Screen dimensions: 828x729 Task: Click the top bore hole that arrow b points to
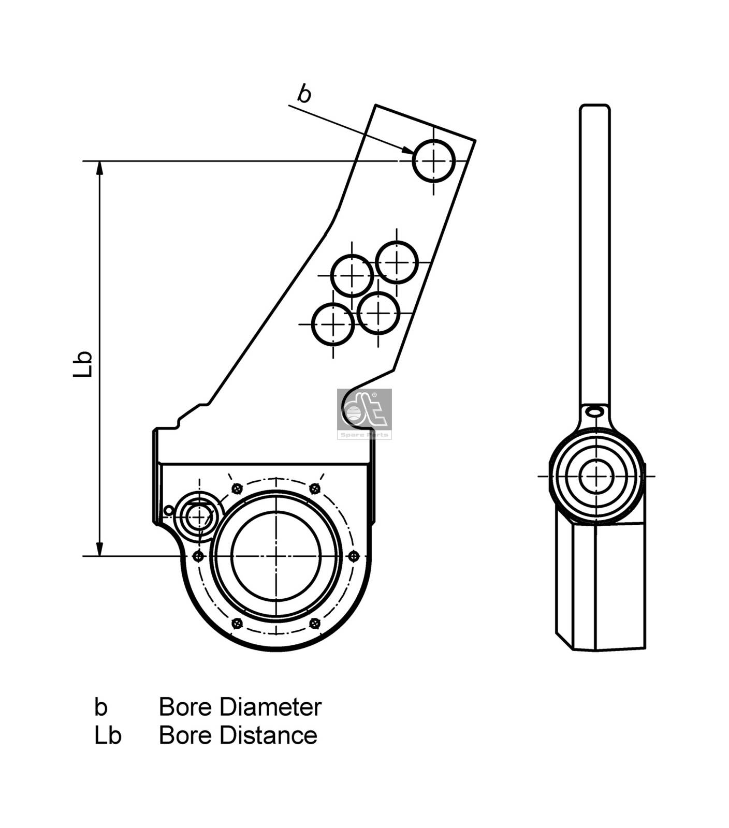click(x=434, y=161)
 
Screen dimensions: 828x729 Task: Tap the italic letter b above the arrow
click(x=304, y=94)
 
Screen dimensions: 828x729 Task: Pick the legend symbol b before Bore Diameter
click(x=101, y=707)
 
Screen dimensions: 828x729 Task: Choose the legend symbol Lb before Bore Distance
click(x=108, y=735)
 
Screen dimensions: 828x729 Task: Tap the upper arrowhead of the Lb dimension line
click(x=100, y=168)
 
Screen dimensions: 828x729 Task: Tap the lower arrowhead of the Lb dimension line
click(x=100, y=549)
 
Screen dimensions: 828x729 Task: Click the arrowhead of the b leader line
click(x=407, y=150)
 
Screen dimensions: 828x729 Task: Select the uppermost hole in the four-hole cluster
click(x=397, y=262)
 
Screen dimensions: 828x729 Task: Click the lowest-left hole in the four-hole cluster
click(x=333, y=324)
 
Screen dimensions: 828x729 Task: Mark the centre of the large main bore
click(x=276, y=556)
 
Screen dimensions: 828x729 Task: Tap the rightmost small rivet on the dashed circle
click(x=354, y=556)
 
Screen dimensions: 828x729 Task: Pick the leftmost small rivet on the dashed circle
click(x=198, y=556)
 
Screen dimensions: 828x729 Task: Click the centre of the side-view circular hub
click(x=596, y=476)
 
